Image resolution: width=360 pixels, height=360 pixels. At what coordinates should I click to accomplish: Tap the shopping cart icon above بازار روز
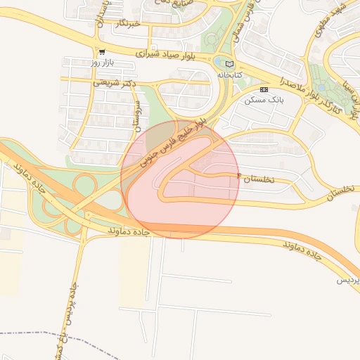(103, 52)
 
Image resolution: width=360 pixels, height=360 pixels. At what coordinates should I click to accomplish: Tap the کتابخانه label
(229, 74)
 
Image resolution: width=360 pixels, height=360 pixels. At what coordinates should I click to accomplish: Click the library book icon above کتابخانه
(229, 63)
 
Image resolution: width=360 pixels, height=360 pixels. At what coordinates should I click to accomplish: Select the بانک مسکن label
(264, 100)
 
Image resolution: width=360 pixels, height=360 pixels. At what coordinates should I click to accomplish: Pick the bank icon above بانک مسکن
(264, 89)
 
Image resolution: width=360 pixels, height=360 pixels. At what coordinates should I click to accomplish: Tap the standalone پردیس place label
(347, 280)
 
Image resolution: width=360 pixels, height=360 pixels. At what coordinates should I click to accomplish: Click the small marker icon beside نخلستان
(238, 174)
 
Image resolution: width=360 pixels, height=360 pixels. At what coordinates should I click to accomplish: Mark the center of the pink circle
(181, 179)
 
